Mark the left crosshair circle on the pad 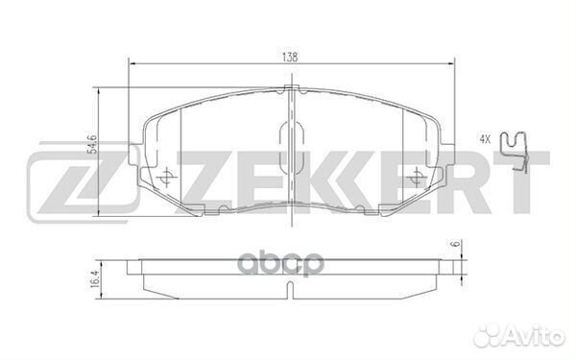(165, 178)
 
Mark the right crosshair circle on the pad (416, 178)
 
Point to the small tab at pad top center (291, 90)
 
